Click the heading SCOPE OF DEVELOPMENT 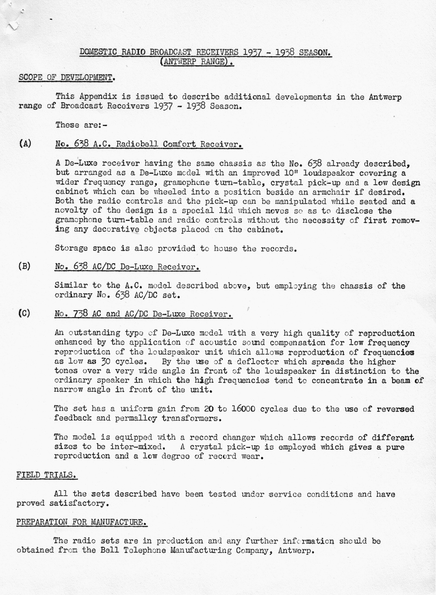coord(67,78)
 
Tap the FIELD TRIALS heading coord(47,475)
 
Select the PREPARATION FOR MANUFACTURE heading coord(81,522)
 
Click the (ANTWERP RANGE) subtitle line coord(197,62)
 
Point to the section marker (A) coord(25,144)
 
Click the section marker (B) coord(25,266)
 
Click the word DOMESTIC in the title coord(98,52)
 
